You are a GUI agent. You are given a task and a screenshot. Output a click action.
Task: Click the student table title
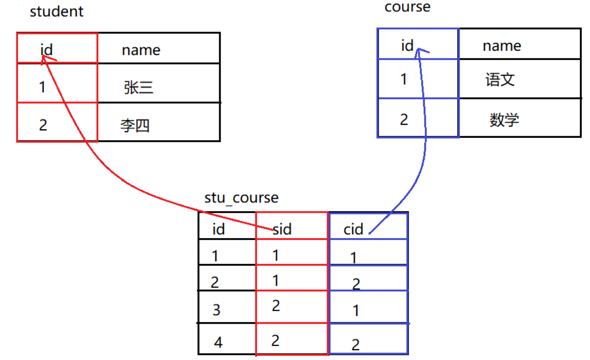[x=56, y=11]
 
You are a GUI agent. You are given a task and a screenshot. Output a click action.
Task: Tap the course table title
[x=407, y=7]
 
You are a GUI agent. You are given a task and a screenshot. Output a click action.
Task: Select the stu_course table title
[x=241, y=198]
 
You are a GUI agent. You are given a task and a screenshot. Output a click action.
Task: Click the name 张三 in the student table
[x=139, y=87]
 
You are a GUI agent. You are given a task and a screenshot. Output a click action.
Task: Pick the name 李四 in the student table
[x=135, y=126]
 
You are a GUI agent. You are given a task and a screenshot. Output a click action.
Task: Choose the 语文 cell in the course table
[x=500, y=80]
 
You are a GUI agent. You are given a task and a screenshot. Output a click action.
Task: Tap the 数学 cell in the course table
[x=504, y=120]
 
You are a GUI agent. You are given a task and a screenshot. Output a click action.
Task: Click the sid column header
[x=282, y=229]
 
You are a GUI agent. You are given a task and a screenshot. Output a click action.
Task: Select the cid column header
[x=353, y=229]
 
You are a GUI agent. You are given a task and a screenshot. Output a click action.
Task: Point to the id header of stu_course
[x=219, y=229]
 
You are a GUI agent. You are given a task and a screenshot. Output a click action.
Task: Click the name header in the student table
[x=141, y=50]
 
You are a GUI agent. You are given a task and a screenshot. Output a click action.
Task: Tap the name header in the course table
[x=502, y=46]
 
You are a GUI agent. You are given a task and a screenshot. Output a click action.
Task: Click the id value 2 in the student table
[x=43, y=125]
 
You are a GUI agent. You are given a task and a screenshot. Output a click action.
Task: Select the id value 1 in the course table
[x=403, y=79]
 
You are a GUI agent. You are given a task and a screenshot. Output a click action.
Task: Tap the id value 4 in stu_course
[x=218, y=343]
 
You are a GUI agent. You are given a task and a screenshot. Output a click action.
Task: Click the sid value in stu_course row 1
[x=276, y=255]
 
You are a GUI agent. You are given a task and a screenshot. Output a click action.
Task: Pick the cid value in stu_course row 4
[x=355, y=345]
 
